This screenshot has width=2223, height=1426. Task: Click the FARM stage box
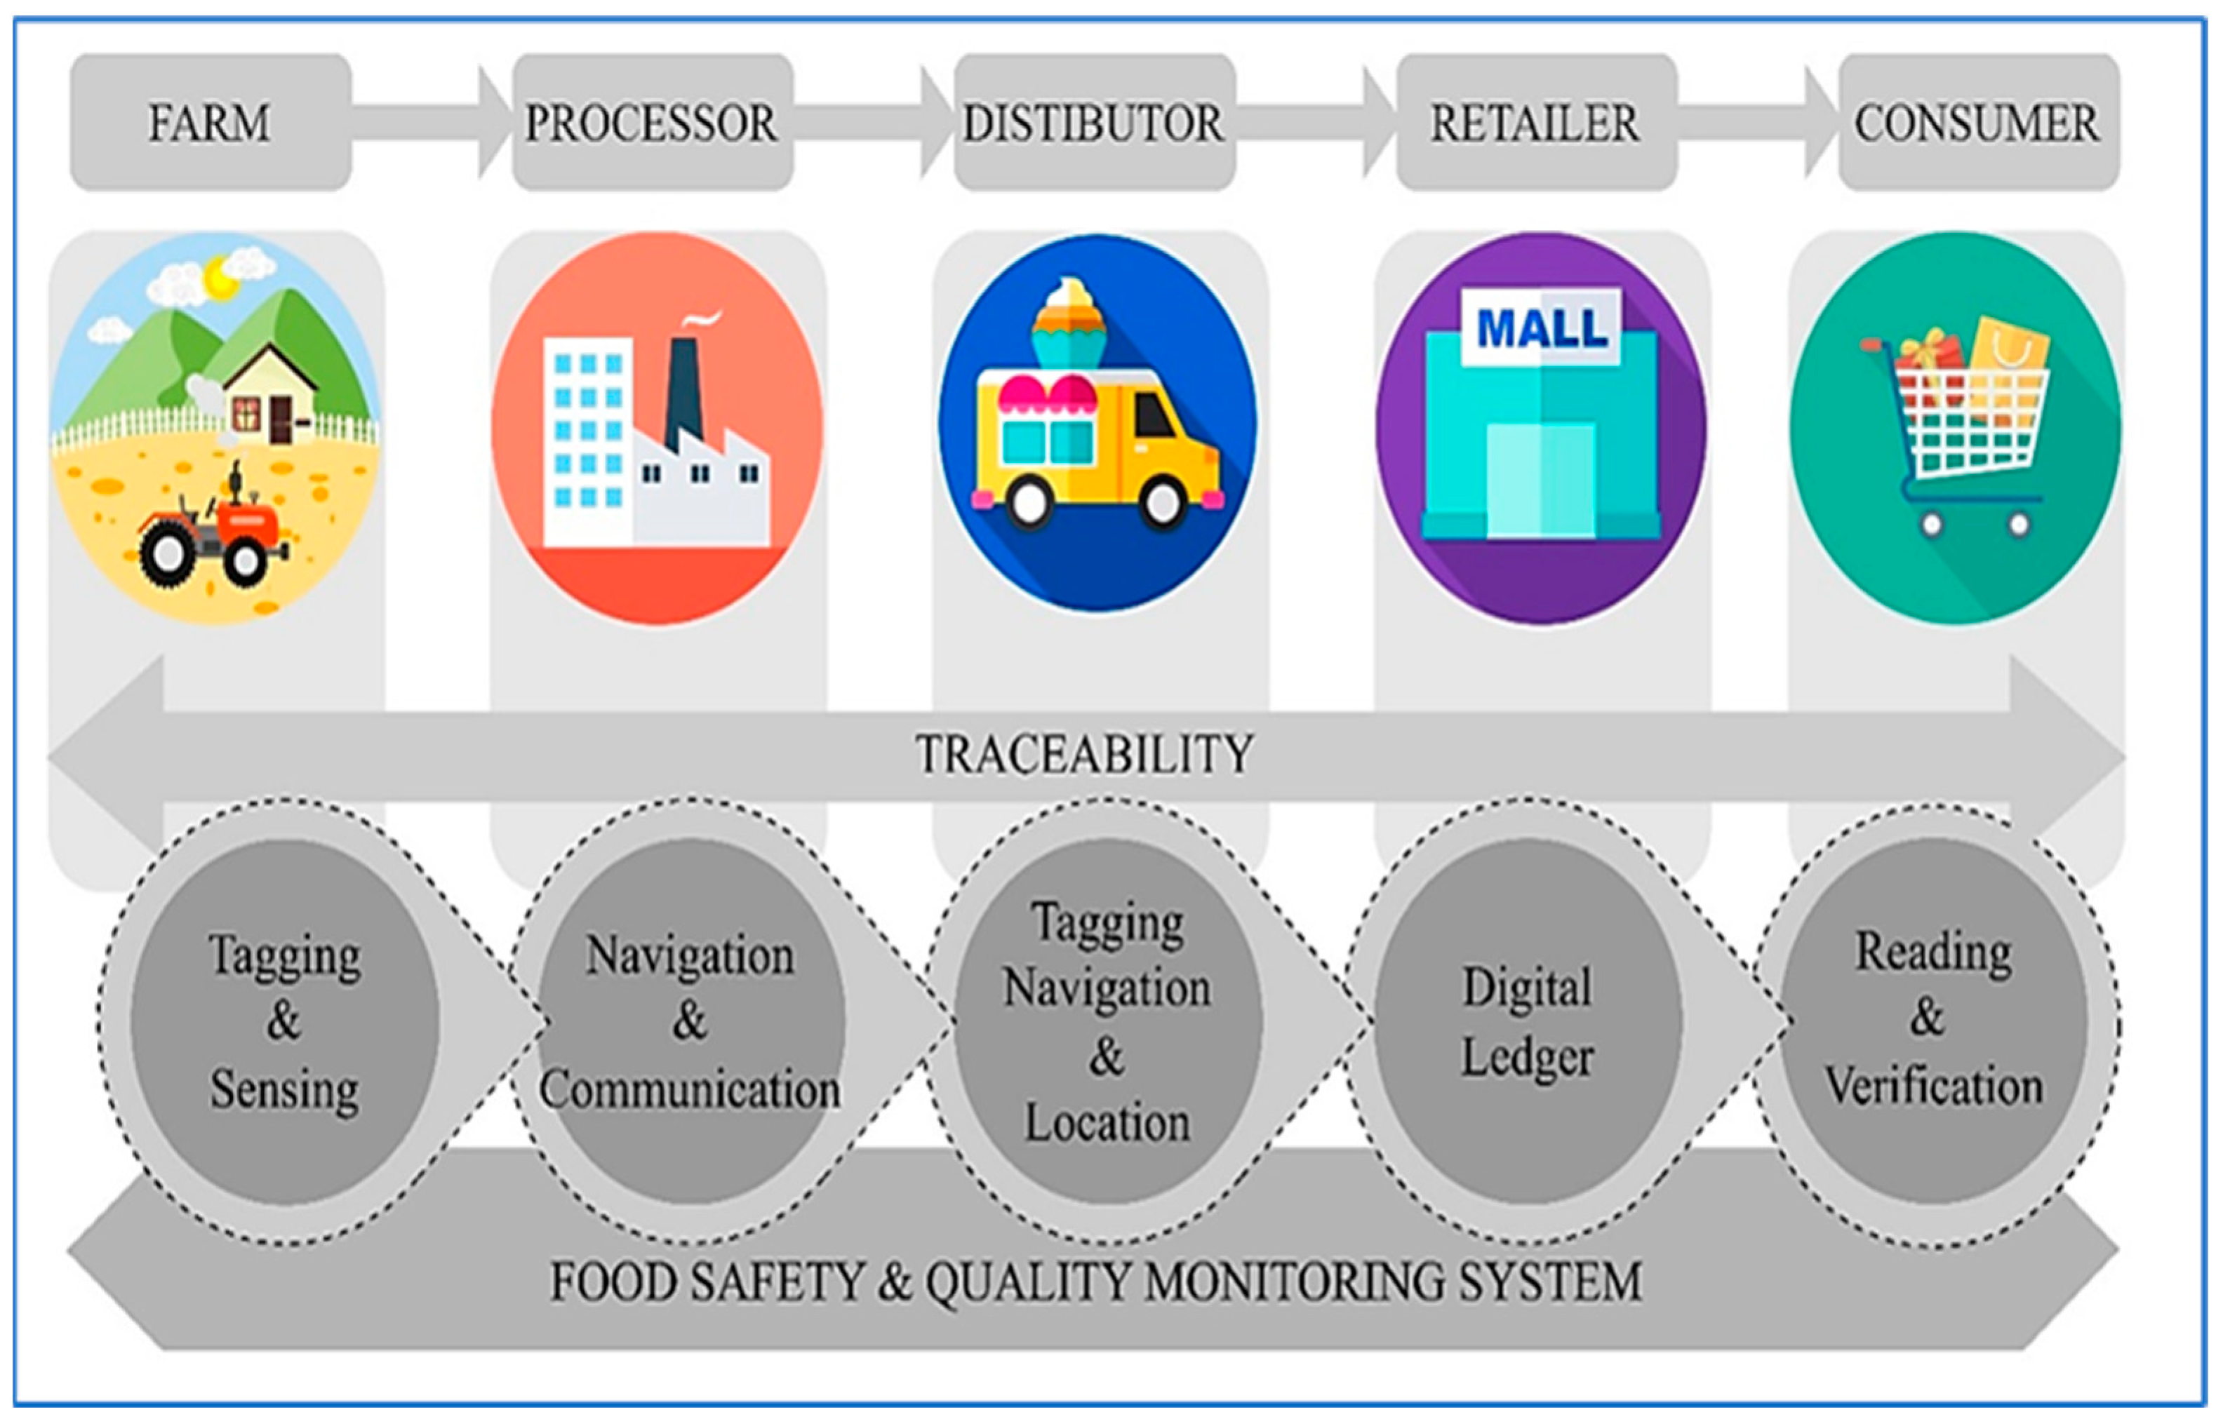(x=211, y=122)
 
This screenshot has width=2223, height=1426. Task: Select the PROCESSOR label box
(x=652, y=122)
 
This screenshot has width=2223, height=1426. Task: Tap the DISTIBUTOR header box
(x=1094, y=122)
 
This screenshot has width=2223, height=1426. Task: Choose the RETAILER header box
(x=1536, y=122)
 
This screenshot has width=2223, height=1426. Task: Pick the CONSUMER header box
(x=1977, y=122)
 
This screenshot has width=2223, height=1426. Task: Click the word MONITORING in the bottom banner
(x=1297, y=1282)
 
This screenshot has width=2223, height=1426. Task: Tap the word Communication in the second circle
(x=690, y=1089)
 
